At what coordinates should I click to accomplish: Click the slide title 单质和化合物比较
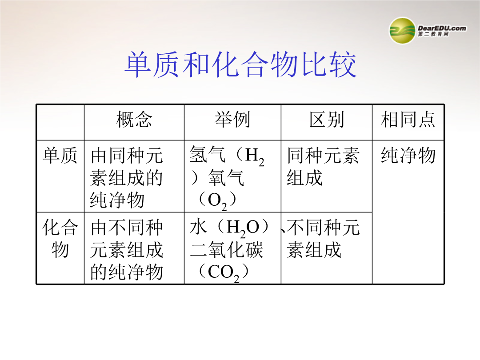[240, 64]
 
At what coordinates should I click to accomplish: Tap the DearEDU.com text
[442, 28]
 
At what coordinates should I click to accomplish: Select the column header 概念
[134, 120]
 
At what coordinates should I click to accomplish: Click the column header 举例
[232, 120]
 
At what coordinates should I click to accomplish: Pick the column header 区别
[327, 120]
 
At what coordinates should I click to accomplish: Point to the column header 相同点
[408, 120]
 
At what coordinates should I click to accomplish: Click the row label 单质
[60, 155]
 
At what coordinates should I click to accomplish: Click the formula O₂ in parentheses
[217, 201]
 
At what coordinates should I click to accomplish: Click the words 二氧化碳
[226, 250]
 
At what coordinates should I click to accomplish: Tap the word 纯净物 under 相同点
[408, 155]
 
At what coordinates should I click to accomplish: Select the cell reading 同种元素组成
[323, 167]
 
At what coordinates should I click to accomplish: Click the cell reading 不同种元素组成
[323, 239]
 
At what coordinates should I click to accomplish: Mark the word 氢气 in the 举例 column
[208, 155]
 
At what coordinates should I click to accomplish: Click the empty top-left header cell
[60, 123]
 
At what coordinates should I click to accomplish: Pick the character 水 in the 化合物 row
[199, 227]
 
